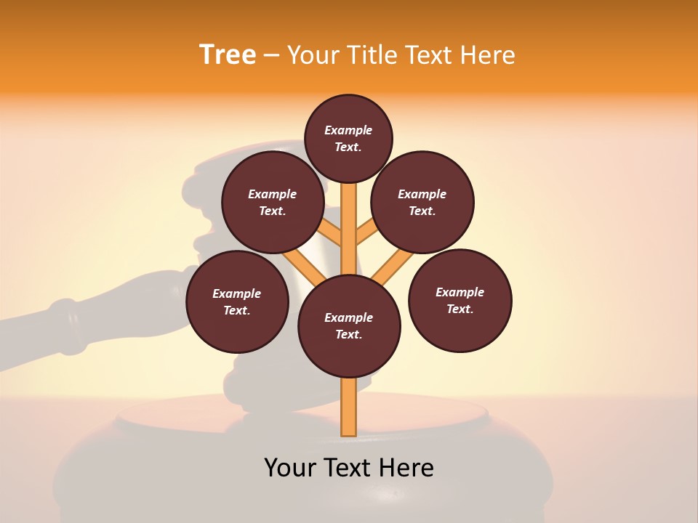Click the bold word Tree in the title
point(228,54)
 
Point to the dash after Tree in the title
point(271,56)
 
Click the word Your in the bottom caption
point(292,467)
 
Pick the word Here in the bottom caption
point(406,467)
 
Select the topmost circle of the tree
point(348,138)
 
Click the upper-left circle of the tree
point(273,202)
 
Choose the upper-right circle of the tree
point(422,202)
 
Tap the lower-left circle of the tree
point(237,301)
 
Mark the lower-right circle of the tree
point(460,300)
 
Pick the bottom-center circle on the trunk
point(349,326)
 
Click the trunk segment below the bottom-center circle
point(349,407)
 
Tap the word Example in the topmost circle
point(348,130)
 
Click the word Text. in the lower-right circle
point(460,309)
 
